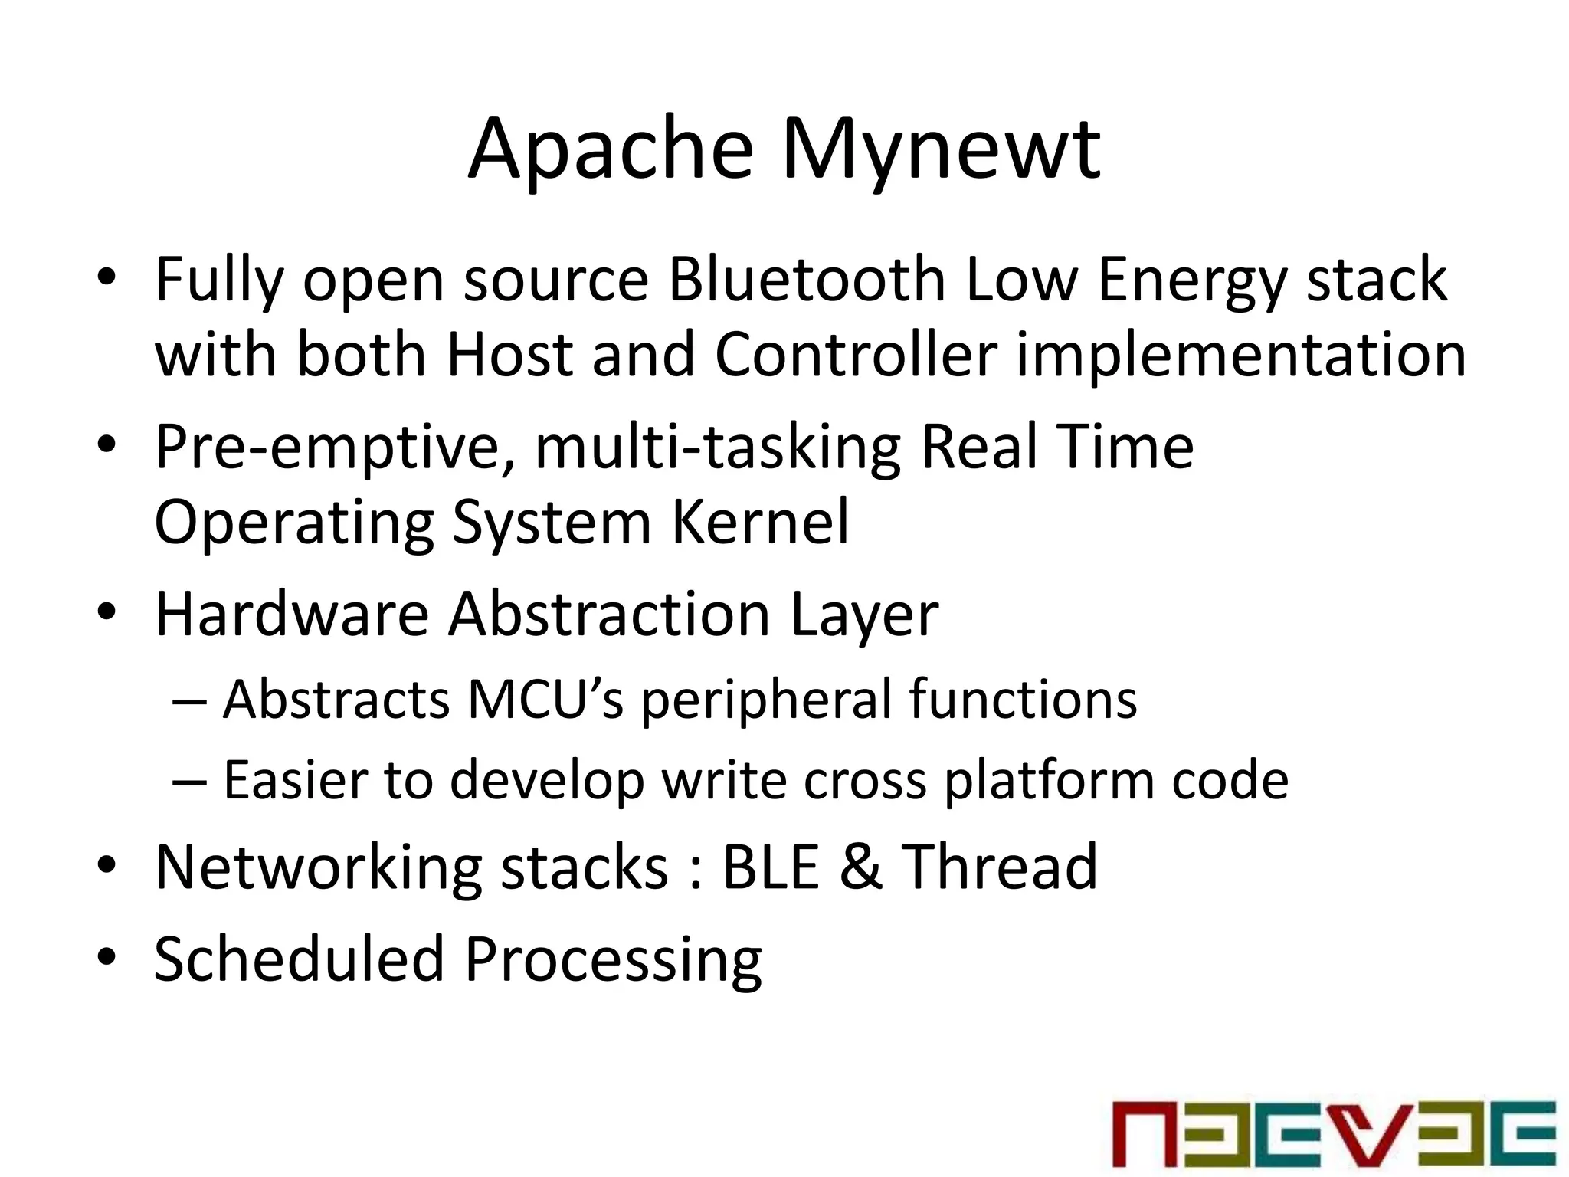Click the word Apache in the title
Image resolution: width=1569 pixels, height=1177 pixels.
coord(611,149)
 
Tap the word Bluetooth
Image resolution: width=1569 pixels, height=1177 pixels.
coord(807,280)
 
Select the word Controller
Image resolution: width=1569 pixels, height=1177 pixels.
coord(856,355)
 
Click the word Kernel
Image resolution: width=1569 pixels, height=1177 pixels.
coord(760,522)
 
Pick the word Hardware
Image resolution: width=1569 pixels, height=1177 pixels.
coord(292,614)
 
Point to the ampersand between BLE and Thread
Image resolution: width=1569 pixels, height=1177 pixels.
coord(861,867)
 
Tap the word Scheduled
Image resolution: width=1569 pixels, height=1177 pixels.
coord(299,959)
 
